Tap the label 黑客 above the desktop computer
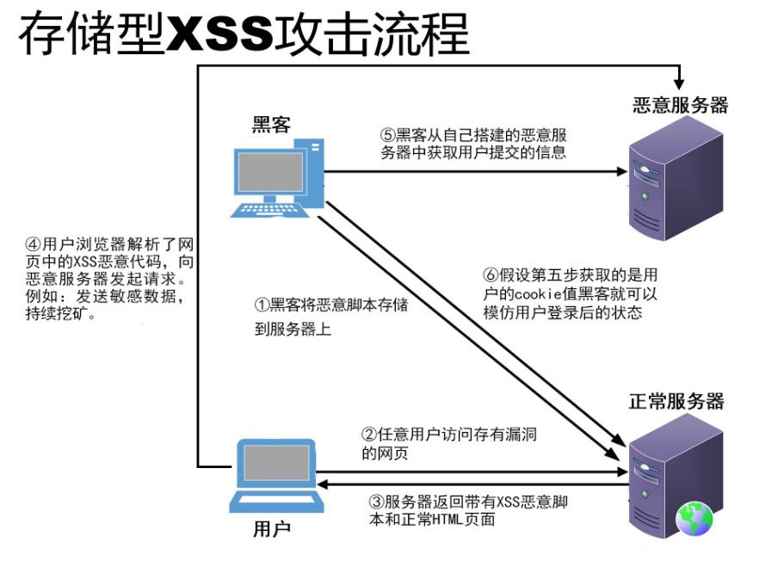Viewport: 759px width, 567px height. click(271, 126)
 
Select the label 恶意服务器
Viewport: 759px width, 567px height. click(680, 105)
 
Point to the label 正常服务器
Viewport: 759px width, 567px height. click(676, 402)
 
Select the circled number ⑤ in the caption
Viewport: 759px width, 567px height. click(388, 135)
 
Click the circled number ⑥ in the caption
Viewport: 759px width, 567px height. click(490, 275)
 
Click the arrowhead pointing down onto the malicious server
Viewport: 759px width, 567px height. click(679, 83)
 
